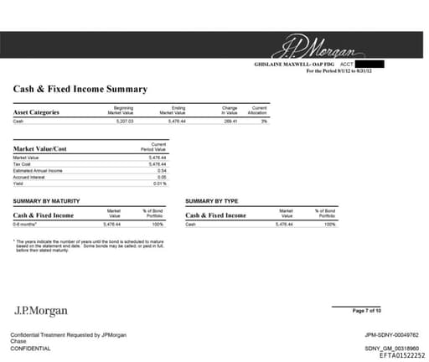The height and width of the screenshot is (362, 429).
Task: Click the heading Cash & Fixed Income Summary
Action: [80, 89]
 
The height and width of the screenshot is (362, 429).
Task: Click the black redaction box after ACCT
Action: [370, 64]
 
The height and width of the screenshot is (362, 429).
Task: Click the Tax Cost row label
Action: [22, 164]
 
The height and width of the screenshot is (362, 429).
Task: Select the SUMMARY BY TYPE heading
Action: [212, 201]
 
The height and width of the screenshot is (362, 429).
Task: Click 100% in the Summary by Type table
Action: [329, 225]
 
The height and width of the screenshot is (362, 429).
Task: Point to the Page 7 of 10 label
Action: [367, 311]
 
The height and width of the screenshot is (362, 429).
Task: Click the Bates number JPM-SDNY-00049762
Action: [386, 335]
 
